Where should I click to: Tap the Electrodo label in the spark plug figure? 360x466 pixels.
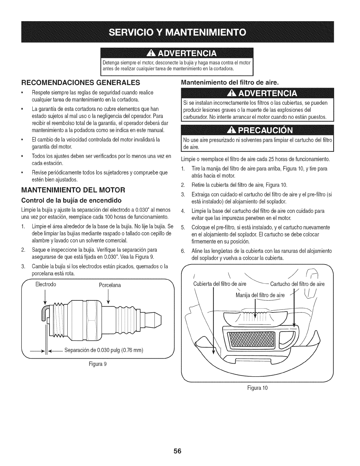click(x=46, y=285)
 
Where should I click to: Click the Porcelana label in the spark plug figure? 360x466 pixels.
click(x=110, y=285)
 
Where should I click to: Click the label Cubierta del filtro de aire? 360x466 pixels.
click(x=219, y=284)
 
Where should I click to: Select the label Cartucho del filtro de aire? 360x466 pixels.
click(x=297, y=284)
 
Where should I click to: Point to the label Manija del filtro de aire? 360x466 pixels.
click(x=260, y=295)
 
